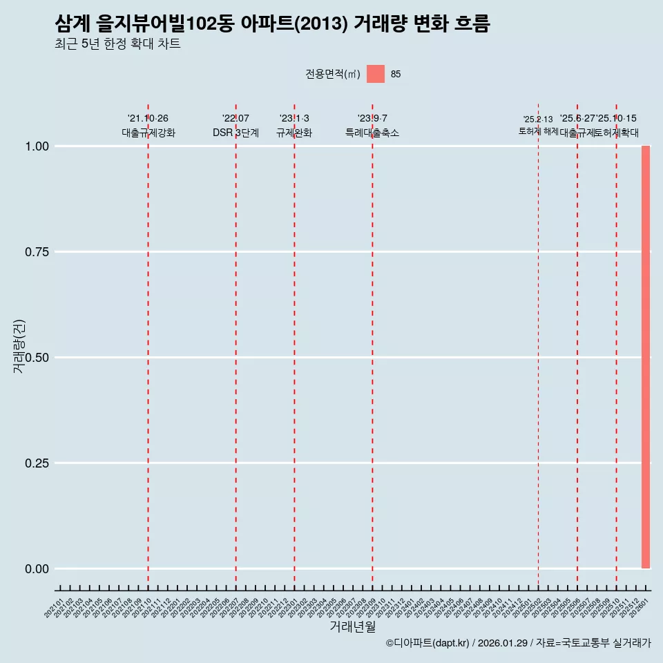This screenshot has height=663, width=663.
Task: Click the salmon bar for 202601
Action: [646, 357]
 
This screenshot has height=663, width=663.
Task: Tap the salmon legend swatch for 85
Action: [375, 74]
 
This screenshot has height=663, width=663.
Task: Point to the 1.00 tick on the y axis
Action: [37, 146]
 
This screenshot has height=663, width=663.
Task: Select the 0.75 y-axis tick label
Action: [37, 252]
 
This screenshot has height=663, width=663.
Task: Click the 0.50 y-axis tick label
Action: [37, 358]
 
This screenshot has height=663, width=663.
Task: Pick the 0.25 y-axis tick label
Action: [37, 463]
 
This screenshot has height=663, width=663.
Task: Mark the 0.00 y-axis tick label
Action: [37, 569]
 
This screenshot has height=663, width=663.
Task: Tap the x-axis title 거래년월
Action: [352, 626]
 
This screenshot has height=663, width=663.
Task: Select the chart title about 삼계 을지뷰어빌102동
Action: [272, 25]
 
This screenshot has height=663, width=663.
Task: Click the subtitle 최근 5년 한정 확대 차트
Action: [117, 44]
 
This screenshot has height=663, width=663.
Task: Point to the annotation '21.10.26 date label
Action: [148, 119]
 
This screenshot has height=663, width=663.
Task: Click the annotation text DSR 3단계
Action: [236, 133]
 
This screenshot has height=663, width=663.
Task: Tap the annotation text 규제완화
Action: [294, 133]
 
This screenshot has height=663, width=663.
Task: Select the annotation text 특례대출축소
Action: [372, 133]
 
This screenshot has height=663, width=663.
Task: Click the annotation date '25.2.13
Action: [538, 119]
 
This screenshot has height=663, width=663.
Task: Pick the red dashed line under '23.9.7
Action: [372, 345]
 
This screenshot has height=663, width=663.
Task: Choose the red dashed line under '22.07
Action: [236, 345]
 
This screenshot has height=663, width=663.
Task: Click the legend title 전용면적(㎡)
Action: [333, 74]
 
